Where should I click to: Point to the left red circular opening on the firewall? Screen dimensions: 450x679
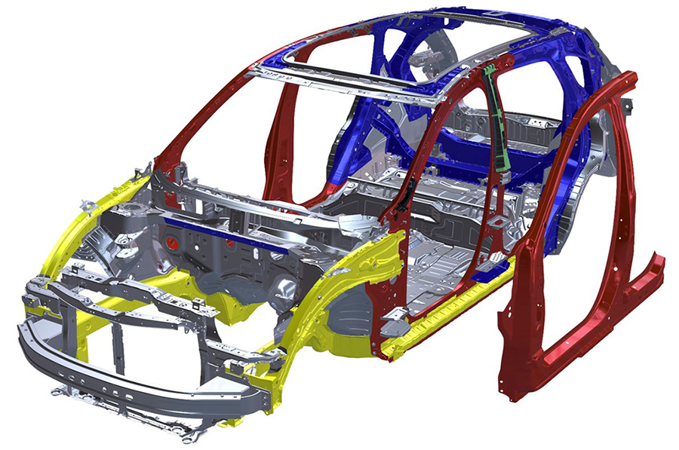tap(173, 243)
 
